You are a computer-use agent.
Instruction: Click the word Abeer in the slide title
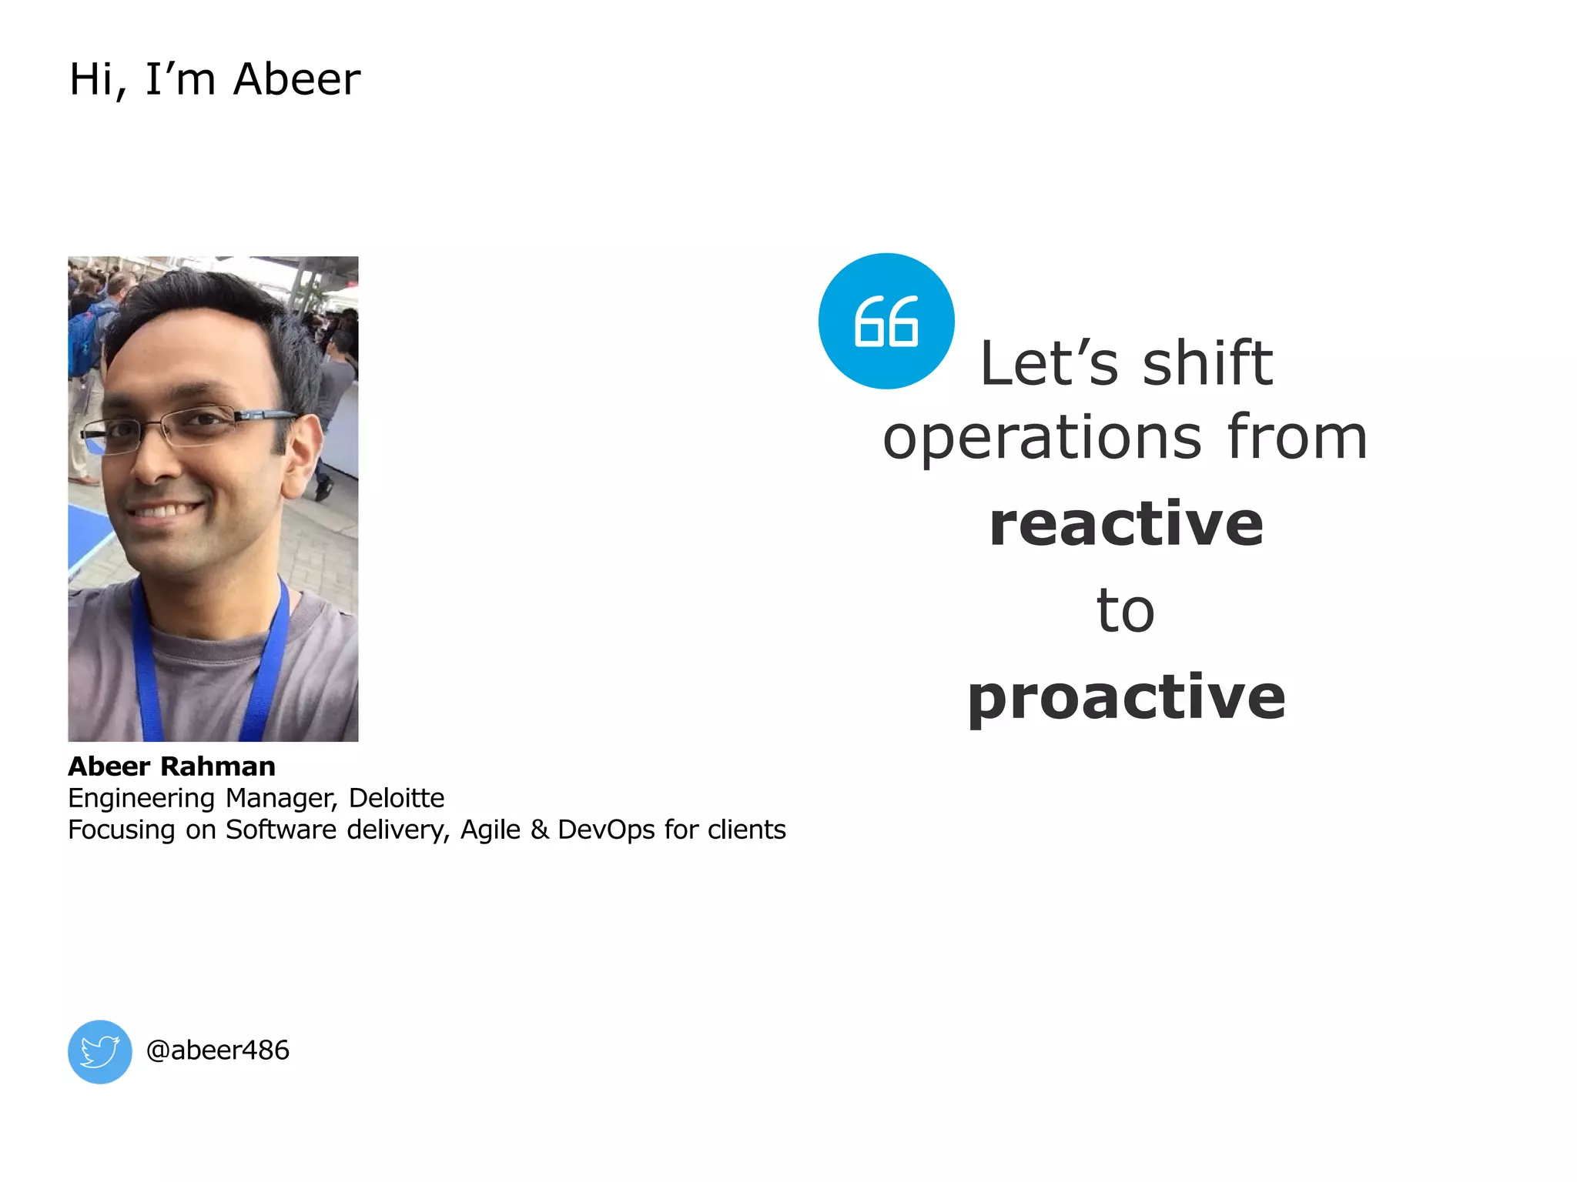coord(296,79)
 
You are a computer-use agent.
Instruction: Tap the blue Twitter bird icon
coord(100,1052)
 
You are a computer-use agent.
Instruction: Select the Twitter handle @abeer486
coord(217,1050)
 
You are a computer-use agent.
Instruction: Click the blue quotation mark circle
coord(886,321)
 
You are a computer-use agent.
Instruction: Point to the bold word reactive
coord(1126,524)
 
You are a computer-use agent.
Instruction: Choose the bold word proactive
coord(1126,698)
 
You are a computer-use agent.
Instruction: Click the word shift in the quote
coord(1207,363)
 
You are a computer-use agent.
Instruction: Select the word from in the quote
coord(1297,437)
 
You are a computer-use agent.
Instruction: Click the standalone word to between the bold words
coord(1125,611)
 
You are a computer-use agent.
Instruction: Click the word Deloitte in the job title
coord(396,798)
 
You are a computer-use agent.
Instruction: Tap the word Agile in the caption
coord(491,830)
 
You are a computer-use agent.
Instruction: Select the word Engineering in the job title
coord(141,799)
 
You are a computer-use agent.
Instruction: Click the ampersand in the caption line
coord(539,830)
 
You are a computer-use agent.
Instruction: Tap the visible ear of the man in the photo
coord(303,454)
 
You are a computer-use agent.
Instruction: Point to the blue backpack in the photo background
coord(82,339)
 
